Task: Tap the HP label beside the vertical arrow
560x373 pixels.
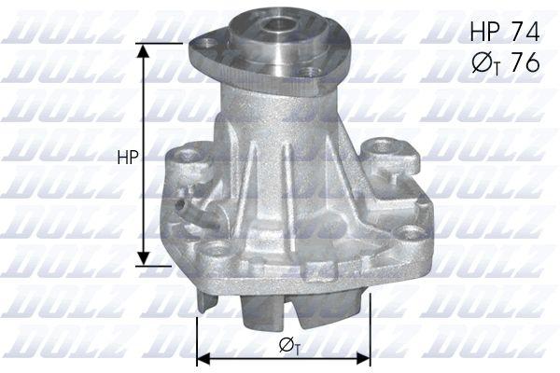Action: (128, 158)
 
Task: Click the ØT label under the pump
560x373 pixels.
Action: (289, 346)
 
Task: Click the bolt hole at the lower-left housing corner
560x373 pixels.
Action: (217, 248)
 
